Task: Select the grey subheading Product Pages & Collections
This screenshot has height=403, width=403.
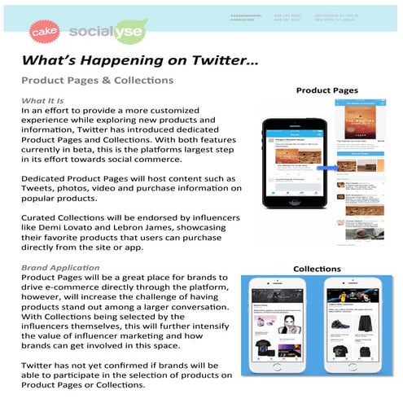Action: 97,81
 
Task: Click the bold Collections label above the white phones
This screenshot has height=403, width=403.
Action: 317,266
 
